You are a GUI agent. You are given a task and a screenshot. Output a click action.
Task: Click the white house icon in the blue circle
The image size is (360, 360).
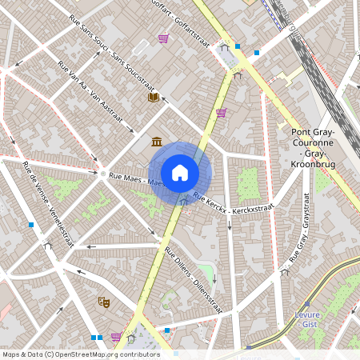180,172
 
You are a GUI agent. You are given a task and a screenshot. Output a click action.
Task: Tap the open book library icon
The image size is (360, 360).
153,97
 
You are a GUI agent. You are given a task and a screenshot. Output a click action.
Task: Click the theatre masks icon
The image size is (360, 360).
103,302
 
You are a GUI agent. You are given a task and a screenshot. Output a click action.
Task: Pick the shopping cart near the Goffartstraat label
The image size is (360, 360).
163,38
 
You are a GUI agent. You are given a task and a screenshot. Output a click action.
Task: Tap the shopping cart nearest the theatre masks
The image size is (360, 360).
117,337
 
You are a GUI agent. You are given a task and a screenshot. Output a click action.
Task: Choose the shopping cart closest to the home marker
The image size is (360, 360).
221,112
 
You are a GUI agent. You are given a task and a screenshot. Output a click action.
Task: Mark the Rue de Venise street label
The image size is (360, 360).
49,204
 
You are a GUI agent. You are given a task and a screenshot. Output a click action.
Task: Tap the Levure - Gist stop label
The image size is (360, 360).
308,319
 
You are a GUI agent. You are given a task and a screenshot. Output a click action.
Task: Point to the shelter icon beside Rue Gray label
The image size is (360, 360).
285,272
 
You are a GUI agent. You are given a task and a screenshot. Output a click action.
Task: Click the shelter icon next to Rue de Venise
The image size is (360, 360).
48,246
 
